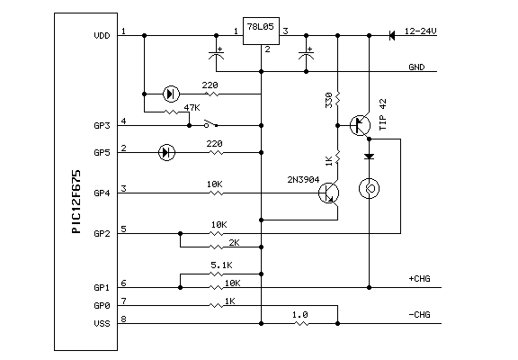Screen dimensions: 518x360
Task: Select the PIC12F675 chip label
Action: coord(76,202)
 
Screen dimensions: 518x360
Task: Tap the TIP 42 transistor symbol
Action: coord(360,125)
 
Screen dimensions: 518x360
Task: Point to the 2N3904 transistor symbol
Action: coord(329,193)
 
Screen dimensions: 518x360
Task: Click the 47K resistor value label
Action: coord(192,108)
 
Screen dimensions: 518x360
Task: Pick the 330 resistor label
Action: coord(329,100)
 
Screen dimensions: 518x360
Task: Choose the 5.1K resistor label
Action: coord(221,265)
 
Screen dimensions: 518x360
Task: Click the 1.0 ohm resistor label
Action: coord(300,315)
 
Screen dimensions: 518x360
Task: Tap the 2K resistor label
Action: coord(234,243)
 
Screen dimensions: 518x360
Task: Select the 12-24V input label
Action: coord(420,31)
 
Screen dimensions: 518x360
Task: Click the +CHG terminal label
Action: coord(420,279)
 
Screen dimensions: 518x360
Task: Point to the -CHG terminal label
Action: coord(420,314)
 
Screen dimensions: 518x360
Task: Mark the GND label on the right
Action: coord(416,67)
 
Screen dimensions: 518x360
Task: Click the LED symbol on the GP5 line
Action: coord(167,152)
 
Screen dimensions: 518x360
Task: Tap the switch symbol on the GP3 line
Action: coord(210,123)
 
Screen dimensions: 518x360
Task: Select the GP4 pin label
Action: coord(102,193)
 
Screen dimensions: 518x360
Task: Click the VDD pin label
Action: coord(102,36)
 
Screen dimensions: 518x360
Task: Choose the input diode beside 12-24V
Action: coord(392,35)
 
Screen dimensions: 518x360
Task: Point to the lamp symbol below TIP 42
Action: coord(369,188)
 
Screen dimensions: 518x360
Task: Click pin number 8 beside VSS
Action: coord(123,319)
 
